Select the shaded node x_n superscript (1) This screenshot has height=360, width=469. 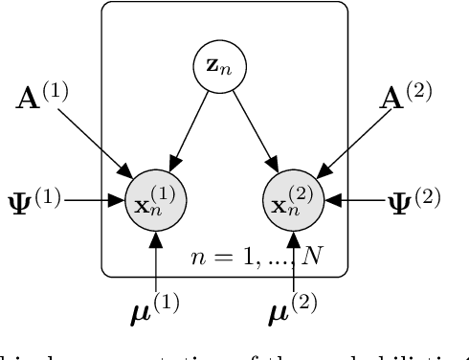coord(156,202)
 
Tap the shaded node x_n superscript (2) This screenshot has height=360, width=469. coord(294,202)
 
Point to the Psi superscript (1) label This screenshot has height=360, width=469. coord(34,201)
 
